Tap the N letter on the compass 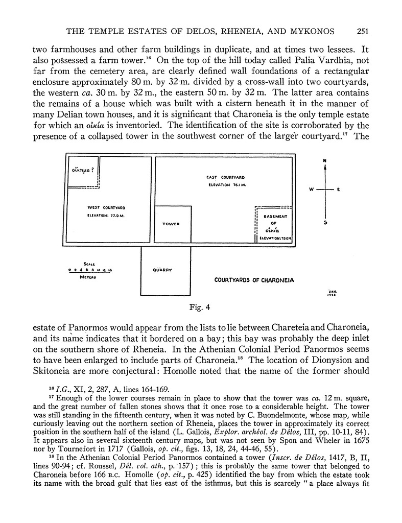pos(325,161)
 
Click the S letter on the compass pos(325,222)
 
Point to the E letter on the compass pos(338,190)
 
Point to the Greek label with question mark pos(83,170)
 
